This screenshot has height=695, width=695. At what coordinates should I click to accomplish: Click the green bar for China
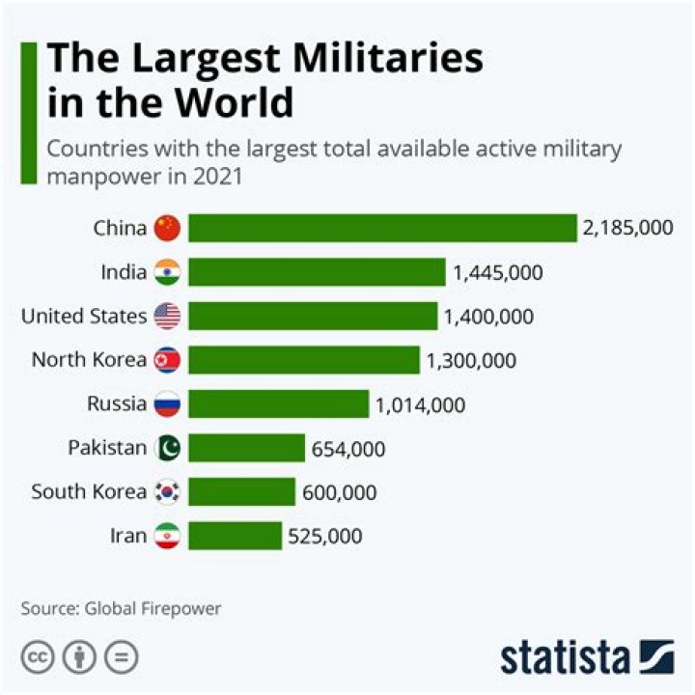tap(381, 228)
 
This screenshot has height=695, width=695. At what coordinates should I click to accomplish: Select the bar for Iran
tap(235, 536)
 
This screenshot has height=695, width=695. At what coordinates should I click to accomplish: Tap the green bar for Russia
tap(278, 403)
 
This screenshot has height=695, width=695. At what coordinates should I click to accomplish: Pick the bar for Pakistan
tap(246, 448)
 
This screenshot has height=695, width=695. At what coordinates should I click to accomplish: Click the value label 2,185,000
tap(626, 228)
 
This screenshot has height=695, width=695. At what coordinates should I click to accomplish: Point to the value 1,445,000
tap(497, 272)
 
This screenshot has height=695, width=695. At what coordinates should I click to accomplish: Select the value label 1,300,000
tap(471, 360)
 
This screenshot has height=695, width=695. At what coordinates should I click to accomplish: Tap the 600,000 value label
tap(339, 492)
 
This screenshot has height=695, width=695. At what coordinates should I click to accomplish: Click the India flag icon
tap(167, 272)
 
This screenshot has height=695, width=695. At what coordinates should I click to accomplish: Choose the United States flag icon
tap(167, 317)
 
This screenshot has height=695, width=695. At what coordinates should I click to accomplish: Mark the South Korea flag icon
tap(167, 492)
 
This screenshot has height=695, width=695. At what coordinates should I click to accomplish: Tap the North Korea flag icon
tap(167, 360)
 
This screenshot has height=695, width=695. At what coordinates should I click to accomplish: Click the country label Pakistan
tap(107, 448)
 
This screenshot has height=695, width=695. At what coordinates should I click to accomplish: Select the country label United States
tap(84, 316)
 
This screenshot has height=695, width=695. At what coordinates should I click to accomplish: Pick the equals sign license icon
tap(122, 657)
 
